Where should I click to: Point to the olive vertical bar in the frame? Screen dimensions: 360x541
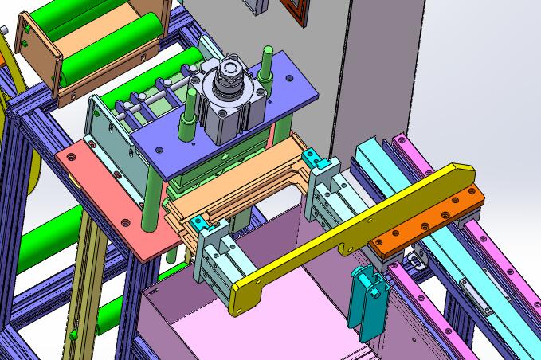[x=80, y=287]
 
